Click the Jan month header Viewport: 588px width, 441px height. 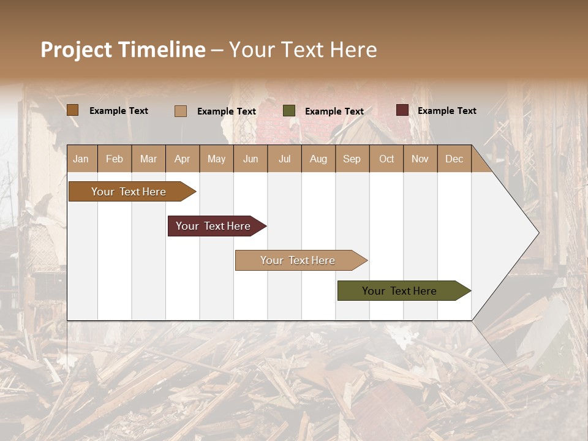coord(81,159)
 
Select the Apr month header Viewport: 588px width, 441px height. coord(182,159)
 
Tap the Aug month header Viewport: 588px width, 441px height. coord(318,159)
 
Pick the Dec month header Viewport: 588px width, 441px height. coord(454,159)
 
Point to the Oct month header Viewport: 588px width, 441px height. coord(386,159)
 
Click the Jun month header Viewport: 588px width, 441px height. coord(250,159)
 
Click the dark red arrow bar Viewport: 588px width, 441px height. coord(214,226)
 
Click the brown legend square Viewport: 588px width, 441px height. coord(72,110)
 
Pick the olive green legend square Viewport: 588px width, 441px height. coord(289,111)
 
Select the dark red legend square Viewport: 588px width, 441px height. coord(402,110)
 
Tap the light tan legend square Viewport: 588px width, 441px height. coord(181,111)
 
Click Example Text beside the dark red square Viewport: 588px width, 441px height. coord(447,110)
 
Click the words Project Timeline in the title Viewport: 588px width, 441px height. coord(123,50)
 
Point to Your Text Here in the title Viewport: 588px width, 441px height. coord(303,50)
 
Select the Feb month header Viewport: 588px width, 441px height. coord(114,159)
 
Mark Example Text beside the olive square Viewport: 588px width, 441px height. coord(334,111)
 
